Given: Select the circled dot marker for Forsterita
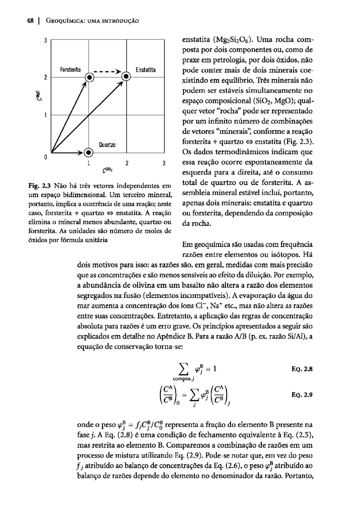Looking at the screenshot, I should tap(89, 77).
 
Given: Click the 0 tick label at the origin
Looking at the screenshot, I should tap(44, 157).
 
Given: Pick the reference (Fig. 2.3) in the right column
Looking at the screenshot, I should tap(298, 140).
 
